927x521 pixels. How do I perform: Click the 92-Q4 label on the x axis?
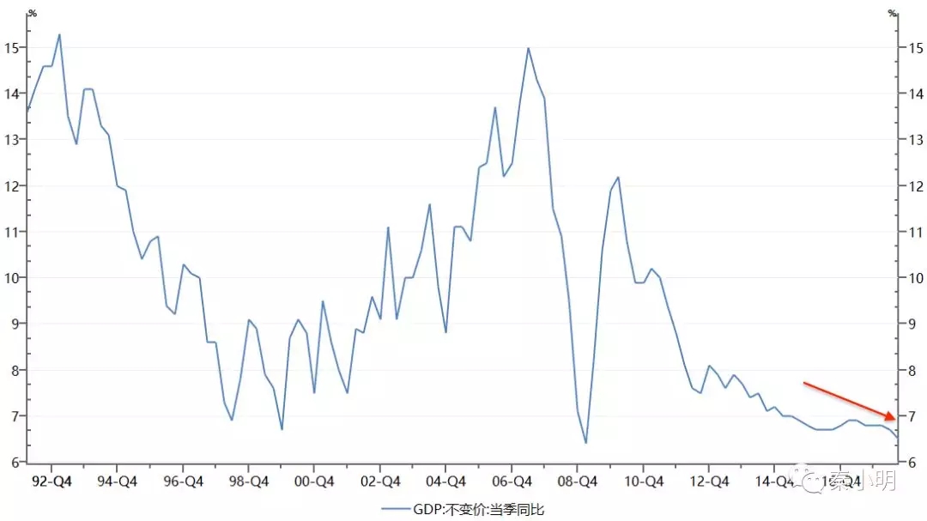click(x=51, y=482)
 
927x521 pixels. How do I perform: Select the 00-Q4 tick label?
click(x=314, y=482)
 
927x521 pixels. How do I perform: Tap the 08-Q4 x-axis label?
click(x=578, y=482)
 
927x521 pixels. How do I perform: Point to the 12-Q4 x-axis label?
click(x=710, y=482)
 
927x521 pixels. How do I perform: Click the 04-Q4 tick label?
click(x=446, y=482)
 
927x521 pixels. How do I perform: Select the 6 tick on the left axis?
click(x=15, y=463)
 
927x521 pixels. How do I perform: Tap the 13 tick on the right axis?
click(x=913, y=140)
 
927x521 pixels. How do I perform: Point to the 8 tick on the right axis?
click(x=911, y=371)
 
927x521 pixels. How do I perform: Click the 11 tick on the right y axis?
click(x=913, y=232)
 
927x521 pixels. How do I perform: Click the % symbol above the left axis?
click(x=32, y=13)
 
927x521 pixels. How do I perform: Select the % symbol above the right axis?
click(x=893, y=13)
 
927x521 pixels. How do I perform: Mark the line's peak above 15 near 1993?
click(x=59, y=34)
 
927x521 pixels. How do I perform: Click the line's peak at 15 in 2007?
click(x=528, y=48)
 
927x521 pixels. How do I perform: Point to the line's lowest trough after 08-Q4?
click(x=586, y=443)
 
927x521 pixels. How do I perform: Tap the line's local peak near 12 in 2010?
click(x=618, y=177)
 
